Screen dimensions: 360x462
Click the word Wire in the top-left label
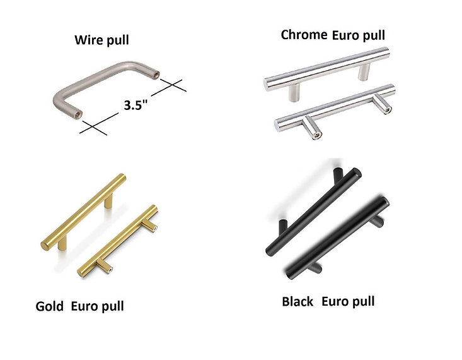(x=88, y=40)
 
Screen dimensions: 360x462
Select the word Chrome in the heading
(x=303, y=35)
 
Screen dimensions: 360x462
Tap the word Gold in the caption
(x=50, y=307)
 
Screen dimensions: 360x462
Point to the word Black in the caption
(x=297, y=301)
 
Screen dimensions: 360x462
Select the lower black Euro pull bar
(x=337, y=237)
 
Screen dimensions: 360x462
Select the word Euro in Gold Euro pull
(x=84, y=307)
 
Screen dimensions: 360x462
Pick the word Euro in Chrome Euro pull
(x=346, y=35)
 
